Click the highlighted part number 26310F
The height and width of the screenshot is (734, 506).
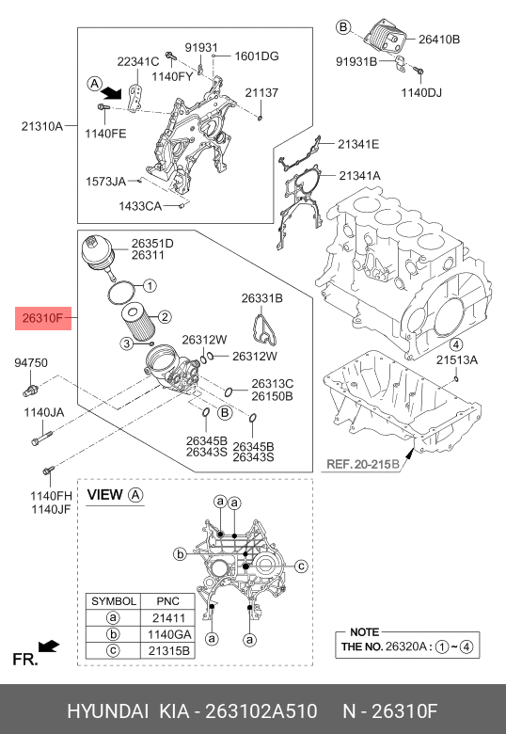(41, 320)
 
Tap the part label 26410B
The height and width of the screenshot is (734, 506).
(438, 40)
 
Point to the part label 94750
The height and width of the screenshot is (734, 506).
(30, 362)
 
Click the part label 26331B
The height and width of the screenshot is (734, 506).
(261, 298)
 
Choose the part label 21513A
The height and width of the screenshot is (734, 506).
(456, 359)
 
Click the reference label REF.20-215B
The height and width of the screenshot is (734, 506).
(362, 464)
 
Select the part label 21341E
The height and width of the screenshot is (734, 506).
(359, 144)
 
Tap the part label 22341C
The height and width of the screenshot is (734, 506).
(137, 61)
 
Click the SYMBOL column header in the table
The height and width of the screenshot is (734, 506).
(113, 600)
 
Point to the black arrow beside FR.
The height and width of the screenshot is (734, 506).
(50, 646)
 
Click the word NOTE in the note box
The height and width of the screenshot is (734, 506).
(364, 632)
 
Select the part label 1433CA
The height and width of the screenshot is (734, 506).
(140, 205)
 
